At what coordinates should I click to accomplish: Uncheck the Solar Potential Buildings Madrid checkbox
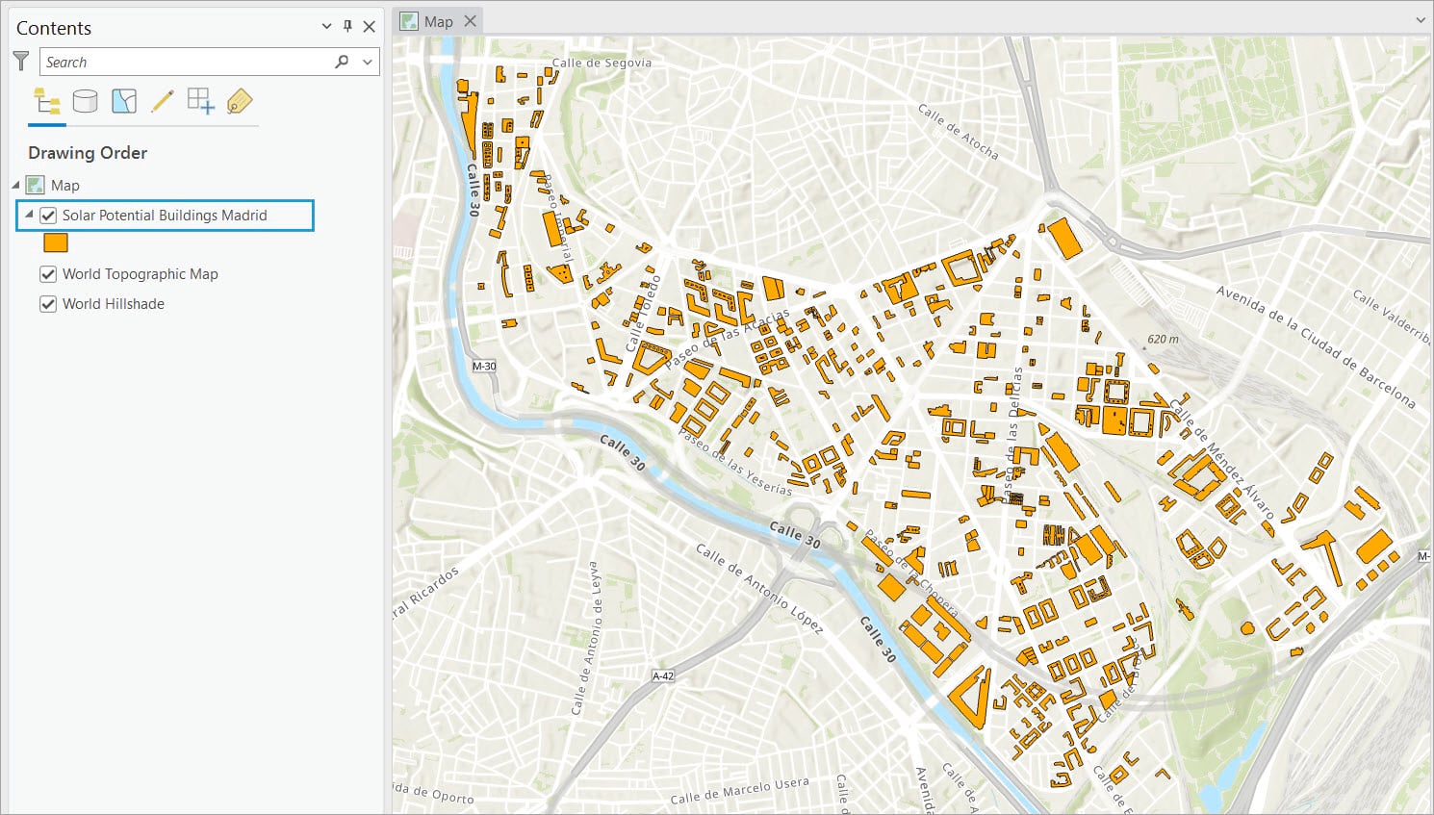tap(48, 216)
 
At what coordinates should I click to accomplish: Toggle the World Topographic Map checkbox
tap(48, 274)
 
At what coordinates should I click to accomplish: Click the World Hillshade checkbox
tap(48, 304)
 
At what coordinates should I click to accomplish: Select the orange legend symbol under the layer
tap(56, 243)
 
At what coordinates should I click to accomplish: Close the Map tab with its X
tap(470, 21)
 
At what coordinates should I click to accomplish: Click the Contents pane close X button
tap(369, 27)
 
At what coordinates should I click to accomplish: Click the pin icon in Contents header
tap(347, 27)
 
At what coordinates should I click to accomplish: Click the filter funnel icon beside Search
tap(21, 62)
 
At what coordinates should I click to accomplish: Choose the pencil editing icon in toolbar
tap(162, 101)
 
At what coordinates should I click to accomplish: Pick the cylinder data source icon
tap(85, 101)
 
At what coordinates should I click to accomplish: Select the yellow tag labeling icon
tap(239, 101)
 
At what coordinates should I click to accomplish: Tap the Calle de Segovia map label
tap(602, 64)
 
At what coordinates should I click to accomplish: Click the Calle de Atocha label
tap(958, 132)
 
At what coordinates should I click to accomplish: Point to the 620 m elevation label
tap(1162, 340)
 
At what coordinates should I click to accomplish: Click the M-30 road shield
tap(484, 367)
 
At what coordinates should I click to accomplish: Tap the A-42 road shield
tap(663, 676)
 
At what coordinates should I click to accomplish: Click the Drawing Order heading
tap(88, 153)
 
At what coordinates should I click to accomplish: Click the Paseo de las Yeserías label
tap(735, 463)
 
